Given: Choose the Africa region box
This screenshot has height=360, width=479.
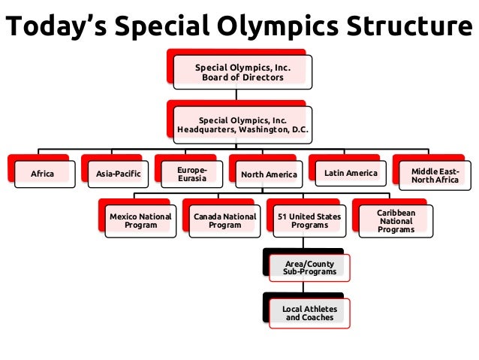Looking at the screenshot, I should (42, 174).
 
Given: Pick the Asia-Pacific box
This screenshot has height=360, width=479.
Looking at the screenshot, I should (118, 174).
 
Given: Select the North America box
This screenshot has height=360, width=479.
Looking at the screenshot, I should (269, 175).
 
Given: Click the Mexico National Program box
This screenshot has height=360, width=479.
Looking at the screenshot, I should (140, 221).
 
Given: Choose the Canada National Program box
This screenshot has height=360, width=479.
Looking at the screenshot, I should (224, 221).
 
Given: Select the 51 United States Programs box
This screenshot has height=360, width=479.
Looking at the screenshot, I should (309, 221).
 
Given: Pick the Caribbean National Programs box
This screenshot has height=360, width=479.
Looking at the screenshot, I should (396, 221).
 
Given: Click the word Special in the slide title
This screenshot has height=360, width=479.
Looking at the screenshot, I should (170, 27).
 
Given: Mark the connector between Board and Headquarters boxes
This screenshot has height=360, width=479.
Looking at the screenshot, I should (237, 95).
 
